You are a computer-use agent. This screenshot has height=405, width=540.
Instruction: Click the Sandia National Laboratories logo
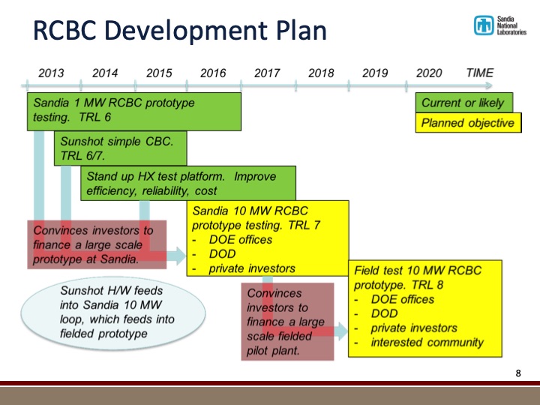click(499, 25)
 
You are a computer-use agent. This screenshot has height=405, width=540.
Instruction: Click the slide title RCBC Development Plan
click(180, 31)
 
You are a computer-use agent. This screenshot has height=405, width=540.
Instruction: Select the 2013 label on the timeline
click(51, 73)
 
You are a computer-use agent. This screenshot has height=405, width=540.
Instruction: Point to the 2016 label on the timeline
click(213, 73)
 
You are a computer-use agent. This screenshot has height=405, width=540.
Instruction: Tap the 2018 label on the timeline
click(321, 73)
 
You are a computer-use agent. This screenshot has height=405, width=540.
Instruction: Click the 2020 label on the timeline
click(429, 73)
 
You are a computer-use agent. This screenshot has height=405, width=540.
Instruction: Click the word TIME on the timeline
click(480, 73)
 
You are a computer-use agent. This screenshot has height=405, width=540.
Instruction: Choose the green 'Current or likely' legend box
click(463, 103)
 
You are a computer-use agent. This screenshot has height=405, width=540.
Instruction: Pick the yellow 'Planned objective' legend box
click(468, 123)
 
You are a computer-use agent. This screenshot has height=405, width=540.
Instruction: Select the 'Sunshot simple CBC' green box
click(120, 148)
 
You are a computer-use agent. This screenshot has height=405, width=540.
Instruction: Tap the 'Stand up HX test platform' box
click(188, 184)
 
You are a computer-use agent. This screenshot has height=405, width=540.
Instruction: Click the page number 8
click(518, 373)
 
